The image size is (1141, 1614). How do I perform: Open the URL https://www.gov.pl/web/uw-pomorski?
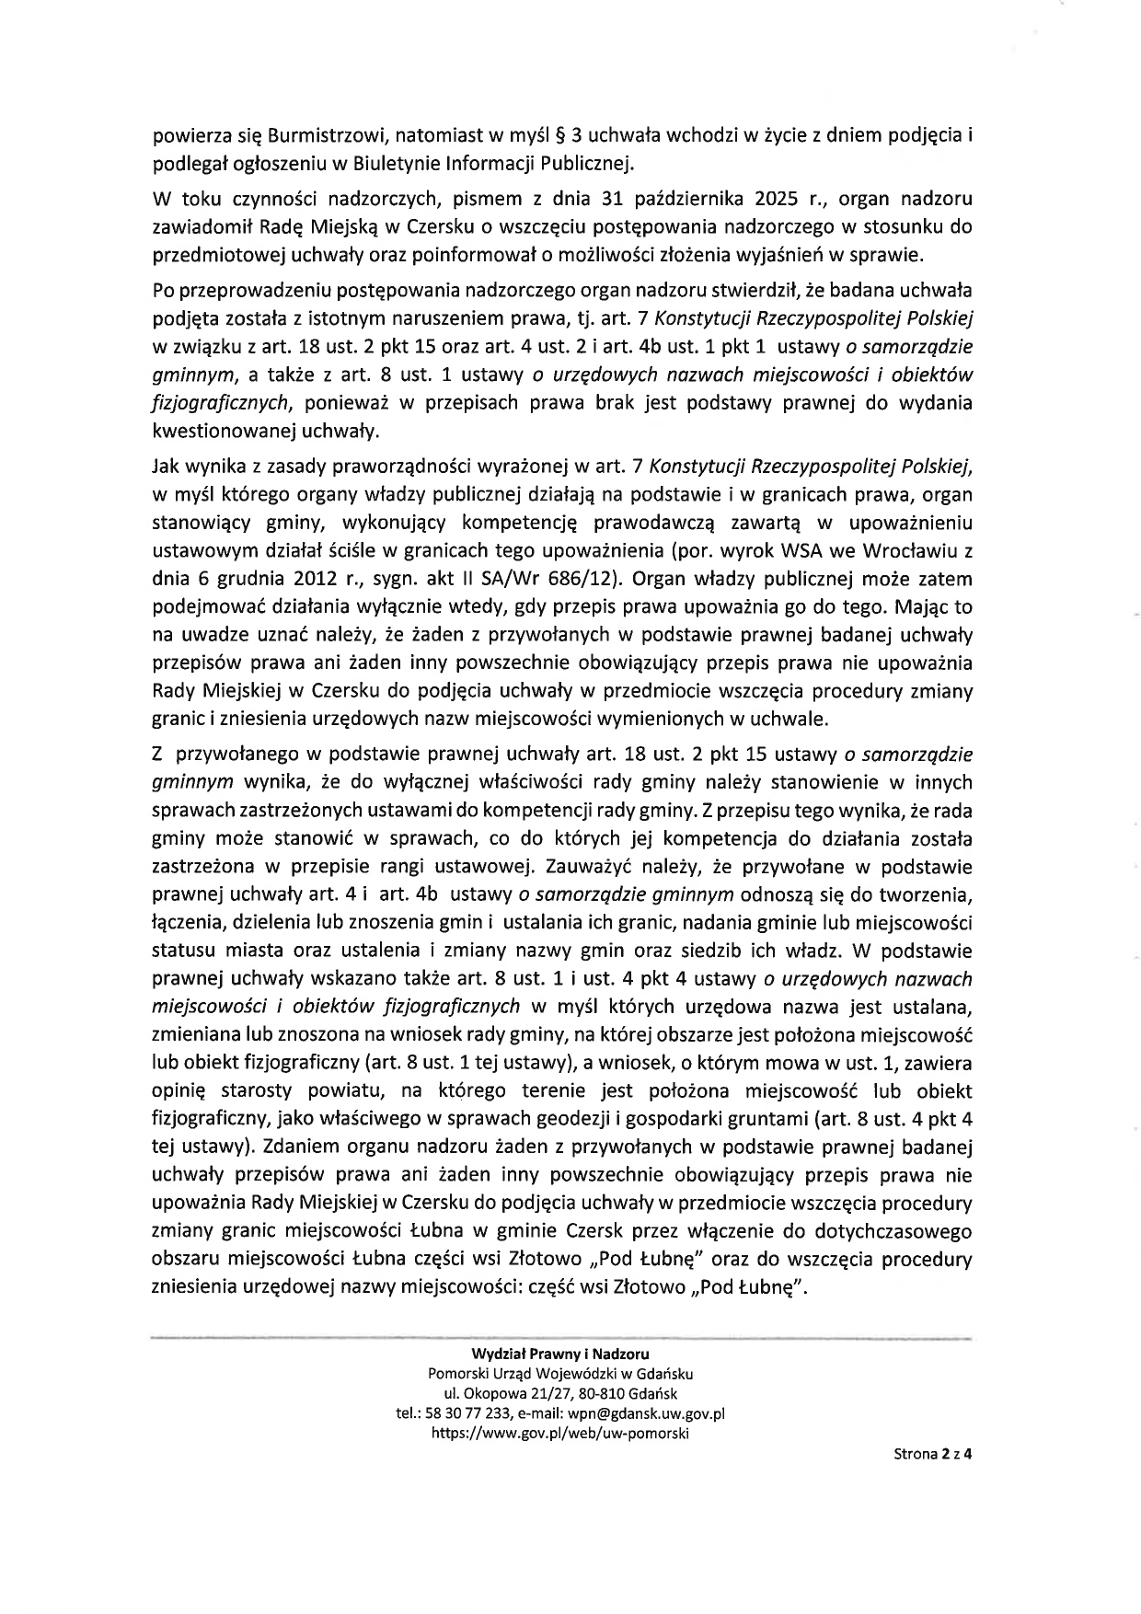click(x=559, y=1433)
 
